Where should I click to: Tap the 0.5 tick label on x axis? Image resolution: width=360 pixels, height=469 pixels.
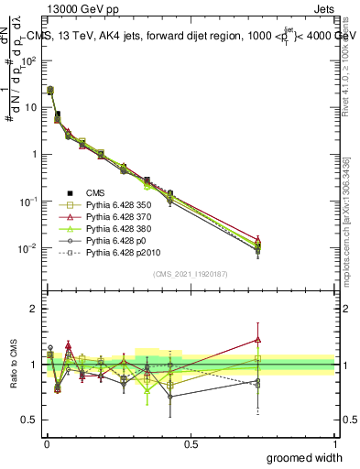[x=190, y=443]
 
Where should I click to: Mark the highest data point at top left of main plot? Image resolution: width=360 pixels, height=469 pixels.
[x=50, y=90]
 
